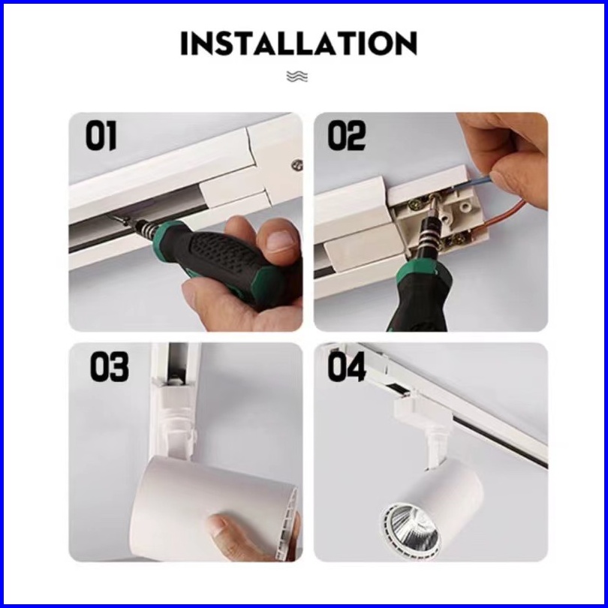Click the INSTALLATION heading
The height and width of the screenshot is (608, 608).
point(299,43)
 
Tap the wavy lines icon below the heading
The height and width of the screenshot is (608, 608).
point(297,77)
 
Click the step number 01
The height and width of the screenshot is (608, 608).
point(101,135)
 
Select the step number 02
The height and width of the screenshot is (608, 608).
point(347,135)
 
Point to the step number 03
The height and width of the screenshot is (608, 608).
point(109,367)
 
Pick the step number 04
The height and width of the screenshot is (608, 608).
point(347,367)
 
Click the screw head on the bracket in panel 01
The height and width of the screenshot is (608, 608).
point(297,165)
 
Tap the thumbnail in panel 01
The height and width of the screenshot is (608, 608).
point(280,241)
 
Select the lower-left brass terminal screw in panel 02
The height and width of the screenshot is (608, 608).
point(417,202)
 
